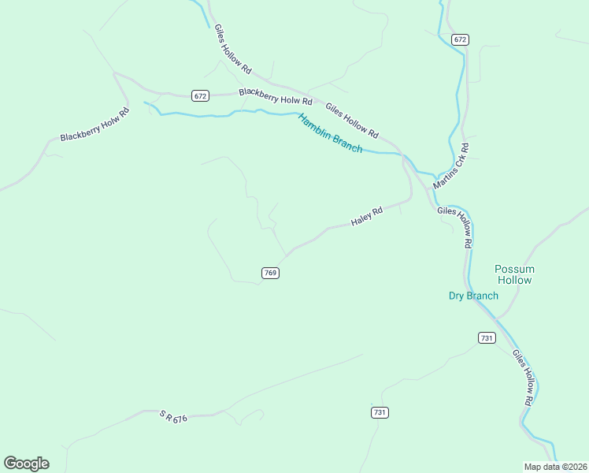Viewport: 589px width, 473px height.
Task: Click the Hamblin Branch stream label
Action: tap(330, 133)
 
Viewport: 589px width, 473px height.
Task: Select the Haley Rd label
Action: tap(367, 217)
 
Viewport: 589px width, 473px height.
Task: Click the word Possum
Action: tap(514, 269)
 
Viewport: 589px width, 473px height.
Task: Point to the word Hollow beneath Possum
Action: tap(514, 280)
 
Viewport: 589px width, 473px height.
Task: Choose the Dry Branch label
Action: tap(473, 296)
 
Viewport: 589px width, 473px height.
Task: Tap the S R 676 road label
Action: tap(173, 416)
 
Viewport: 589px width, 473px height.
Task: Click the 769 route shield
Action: tap(270, 273)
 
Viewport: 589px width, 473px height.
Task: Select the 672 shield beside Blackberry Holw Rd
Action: tap(200, 96)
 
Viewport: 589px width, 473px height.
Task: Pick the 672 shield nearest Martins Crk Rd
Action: tap(461, 39)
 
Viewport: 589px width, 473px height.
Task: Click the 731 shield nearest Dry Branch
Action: tap(487, 337)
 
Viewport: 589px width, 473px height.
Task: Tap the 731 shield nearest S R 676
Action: tap(380, 412)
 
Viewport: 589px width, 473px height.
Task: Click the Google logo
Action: tap(26, 463)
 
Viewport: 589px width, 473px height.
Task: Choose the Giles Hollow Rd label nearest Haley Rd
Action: tap(454, 228)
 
